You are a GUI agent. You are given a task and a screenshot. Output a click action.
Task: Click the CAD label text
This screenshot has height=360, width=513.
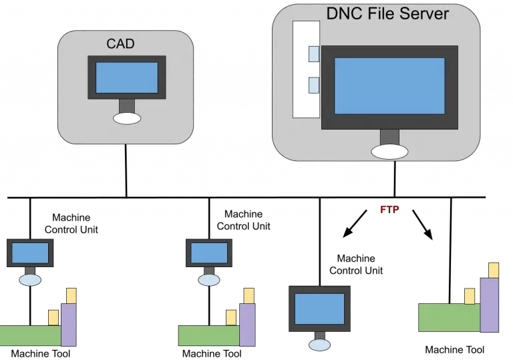120,44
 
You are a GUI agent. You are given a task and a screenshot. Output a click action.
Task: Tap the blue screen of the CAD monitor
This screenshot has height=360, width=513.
126,77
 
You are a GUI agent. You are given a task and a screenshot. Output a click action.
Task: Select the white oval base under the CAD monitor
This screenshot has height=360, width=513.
127,118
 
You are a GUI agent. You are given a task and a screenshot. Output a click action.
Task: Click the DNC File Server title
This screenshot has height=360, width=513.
387,13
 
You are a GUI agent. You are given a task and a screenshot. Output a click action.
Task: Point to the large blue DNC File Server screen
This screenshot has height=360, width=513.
389,85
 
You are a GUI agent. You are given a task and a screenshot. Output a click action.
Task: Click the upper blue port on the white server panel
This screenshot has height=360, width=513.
313,53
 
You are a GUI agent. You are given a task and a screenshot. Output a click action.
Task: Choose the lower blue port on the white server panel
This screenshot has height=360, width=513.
313,85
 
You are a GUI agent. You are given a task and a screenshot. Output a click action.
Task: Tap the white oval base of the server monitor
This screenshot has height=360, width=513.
389,152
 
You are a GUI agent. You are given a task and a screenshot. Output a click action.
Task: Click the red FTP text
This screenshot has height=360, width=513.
389,210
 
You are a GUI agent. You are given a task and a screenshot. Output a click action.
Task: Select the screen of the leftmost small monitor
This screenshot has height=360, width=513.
30,253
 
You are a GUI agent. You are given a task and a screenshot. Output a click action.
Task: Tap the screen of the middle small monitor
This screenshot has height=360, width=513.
208,253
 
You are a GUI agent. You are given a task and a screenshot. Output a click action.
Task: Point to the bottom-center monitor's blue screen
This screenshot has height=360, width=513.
319,309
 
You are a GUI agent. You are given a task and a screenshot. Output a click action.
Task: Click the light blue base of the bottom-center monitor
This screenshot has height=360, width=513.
319,345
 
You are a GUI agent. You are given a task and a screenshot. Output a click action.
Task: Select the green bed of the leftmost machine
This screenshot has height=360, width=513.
30,335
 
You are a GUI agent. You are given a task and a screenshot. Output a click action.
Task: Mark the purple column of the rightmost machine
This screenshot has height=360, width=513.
490,305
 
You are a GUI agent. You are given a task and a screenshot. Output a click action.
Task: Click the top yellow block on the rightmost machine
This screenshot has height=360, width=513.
493,270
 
